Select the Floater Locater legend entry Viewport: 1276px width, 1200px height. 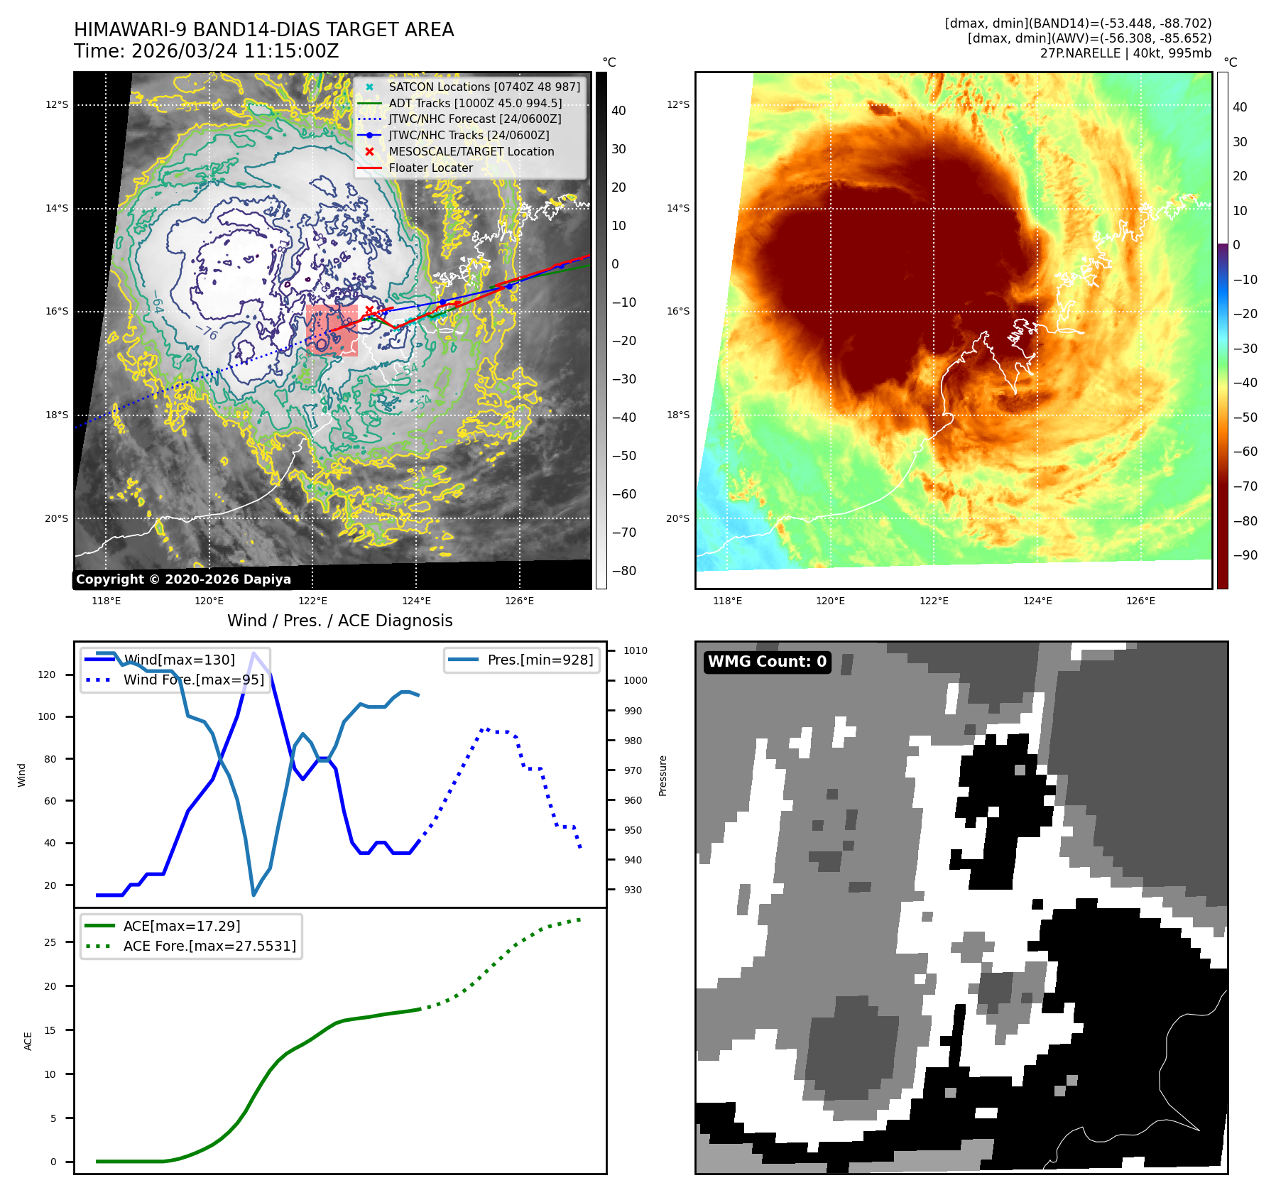[430, 168]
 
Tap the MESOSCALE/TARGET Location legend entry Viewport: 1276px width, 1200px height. [471, 151]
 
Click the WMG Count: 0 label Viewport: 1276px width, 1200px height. [767, 662]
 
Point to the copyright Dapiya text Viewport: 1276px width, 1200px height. [183, 579]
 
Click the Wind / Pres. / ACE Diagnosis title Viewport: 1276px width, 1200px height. [339, 621]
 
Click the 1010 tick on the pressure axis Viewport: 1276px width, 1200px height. [635, 650]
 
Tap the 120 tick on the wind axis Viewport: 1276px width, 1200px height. [47, 675]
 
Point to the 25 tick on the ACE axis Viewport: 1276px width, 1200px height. [50, 942]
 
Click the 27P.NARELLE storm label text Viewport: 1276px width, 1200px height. [1125, 53]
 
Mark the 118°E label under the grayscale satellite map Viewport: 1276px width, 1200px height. [107, 601]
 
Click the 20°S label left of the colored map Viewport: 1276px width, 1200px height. [677, 518]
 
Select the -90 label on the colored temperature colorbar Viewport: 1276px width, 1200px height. [1245, 555]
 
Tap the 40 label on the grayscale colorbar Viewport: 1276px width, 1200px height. [618, 111]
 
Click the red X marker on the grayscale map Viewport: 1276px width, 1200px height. [369, 310]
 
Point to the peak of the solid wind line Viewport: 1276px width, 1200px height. [253, 653]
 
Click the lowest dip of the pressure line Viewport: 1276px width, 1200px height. [253, 894]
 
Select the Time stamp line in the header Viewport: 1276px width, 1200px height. [206, 51]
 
